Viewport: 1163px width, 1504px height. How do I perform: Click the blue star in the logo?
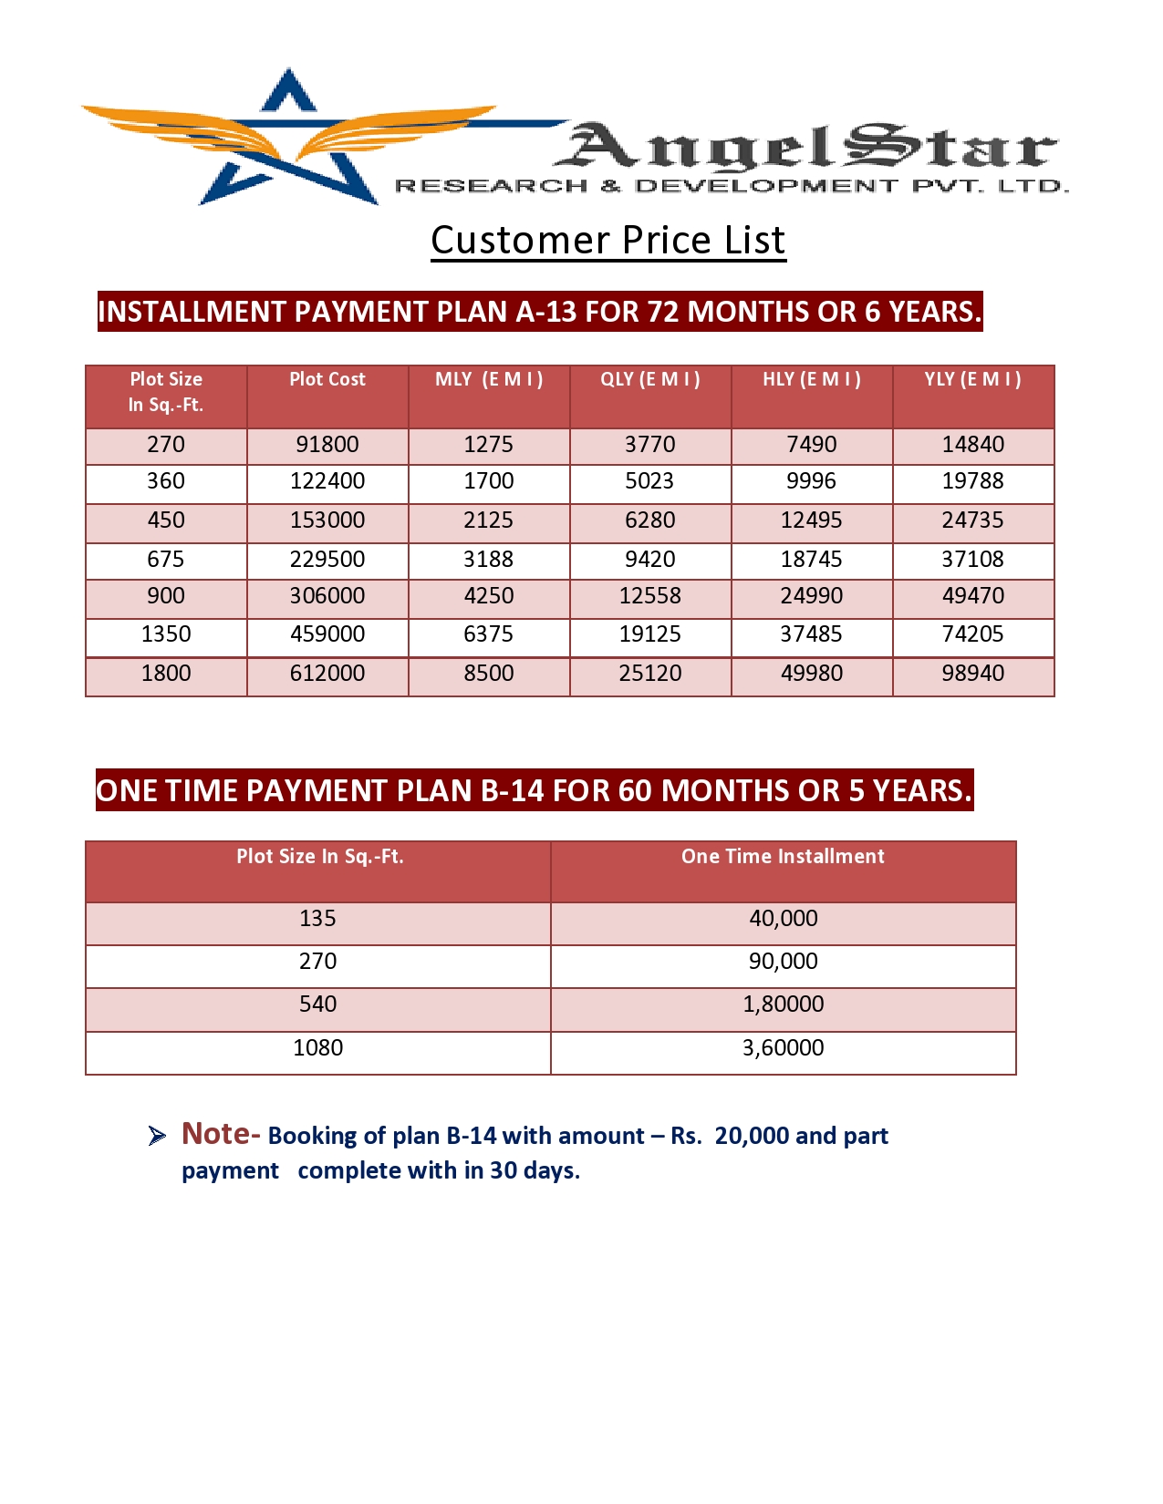pos(289,146)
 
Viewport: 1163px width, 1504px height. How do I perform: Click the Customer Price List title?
pos(608,241)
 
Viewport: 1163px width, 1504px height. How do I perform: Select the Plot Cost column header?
pos(327,379)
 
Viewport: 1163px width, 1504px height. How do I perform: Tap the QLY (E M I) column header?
pos(650,379)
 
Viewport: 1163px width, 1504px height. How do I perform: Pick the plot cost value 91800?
pos(327,445)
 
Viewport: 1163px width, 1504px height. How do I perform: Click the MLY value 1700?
pos(489,481)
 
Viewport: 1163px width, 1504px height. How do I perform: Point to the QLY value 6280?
pos(650,520)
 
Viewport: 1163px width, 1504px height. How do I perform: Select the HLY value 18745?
pos(812,560)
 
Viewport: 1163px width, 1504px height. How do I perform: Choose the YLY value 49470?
pos(973,596)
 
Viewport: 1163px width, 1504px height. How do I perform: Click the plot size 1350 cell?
pos(166,634)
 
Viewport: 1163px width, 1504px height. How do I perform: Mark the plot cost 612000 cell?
pos(327,674)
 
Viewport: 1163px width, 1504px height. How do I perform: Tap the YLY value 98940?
pos(973,674)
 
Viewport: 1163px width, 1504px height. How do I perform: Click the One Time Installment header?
pos(783,857)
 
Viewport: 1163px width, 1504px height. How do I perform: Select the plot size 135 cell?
pos(317,919)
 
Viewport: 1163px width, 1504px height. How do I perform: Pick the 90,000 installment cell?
pos(783,962)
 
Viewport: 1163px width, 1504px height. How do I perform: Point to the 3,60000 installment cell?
pos(783,1048)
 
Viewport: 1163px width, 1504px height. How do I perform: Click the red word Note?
pos(217,1133)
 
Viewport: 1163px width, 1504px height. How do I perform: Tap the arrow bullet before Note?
pos(157,1136)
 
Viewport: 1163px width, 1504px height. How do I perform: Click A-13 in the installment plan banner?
pos(546,312)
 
